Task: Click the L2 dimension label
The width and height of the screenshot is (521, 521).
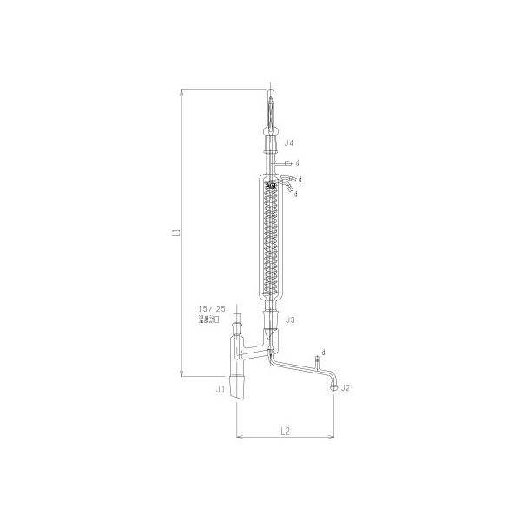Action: pos(284,429)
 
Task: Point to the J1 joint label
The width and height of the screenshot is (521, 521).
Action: pos(221,390)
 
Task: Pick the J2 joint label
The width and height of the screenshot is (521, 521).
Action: pos(346,387)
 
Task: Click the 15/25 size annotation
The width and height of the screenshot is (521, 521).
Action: pos(211,308)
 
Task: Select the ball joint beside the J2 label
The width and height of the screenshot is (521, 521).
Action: pos(333,387)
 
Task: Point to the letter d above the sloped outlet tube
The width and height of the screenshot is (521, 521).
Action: pos(323,351)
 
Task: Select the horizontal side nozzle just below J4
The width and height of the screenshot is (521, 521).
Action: pos(284,162)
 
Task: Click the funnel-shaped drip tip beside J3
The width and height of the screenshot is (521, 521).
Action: pos(270,333)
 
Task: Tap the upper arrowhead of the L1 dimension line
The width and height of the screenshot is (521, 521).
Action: pos(182,89)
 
